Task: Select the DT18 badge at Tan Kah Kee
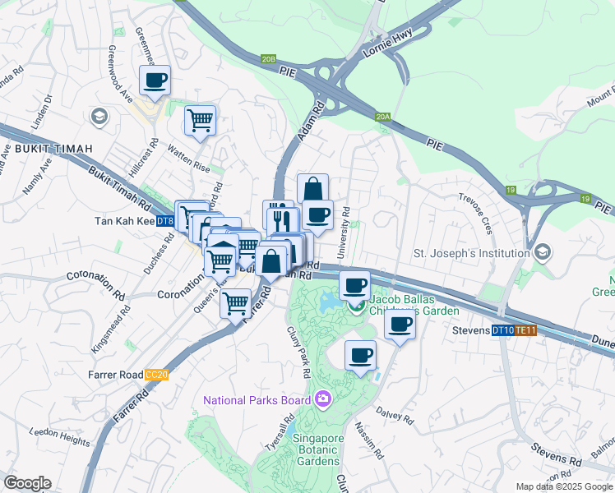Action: pos(164,221)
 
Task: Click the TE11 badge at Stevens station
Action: pos(526,331)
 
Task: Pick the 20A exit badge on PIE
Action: pos(381,117)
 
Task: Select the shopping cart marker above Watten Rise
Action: pos(200,120)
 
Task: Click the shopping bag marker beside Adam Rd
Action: pos(312,189)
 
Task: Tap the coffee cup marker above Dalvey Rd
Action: pos(361,356)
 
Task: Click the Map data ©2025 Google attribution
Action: pos(563,486)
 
